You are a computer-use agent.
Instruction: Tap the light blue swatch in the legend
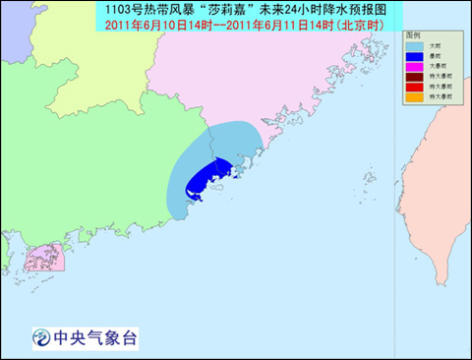(415, 45)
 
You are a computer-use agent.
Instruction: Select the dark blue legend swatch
(415, 56)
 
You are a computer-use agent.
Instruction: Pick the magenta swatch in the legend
(415, 66)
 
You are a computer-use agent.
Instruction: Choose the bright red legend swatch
(415, 87)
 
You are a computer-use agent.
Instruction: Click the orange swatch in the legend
(415, 96)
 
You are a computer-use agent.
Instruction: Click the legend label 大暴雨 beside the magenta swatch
(437, 66)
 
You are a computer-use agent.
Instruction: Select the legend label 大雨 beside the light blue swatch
(435, 45)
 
